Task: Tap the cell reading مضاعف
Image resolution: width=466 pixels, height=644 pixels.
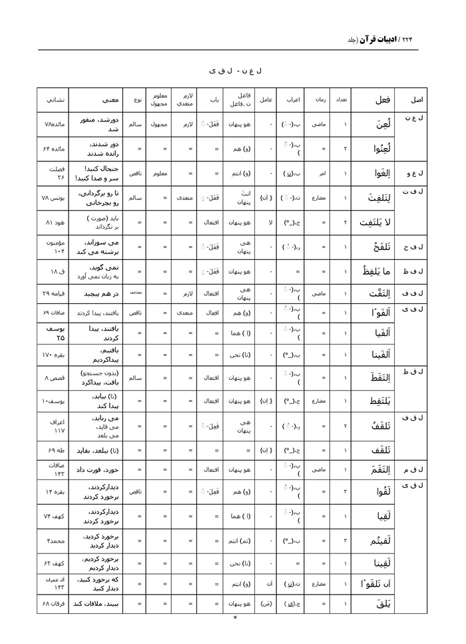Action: [x=133, y=293]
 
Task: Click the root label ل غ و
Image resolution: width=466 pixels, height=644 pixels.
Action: [x=415, y=174]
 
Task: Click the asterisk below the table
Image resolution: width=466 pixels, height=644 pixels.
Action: [x=235, y=617]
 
